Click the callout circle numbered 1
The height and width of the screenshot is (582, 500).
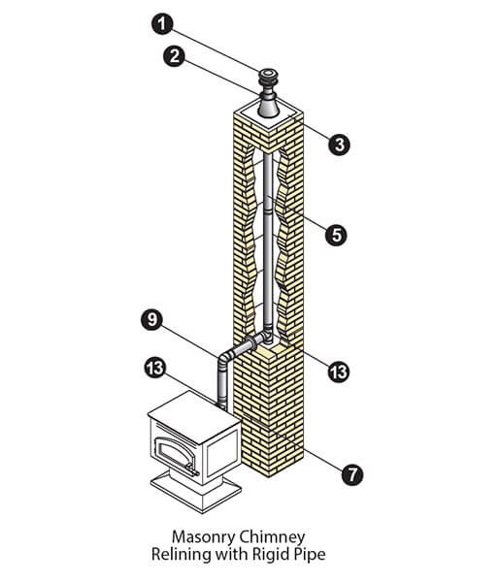(x=162, y=23)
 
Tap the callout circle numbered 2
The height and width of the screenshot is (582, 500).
(x=174, y=56)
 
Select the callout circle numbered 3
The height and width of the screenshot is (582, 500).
(x=339, y=145)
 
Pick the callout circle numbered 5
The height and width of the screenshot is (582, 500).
(x=336, y=235)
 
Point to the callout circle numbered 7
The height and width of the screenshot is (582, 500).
(x=352, y=474)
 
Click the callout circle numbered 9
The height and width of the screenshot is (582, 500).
(x=151, y=319)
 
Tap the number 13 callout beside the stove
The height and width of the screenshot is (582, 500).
(x=155, y=368)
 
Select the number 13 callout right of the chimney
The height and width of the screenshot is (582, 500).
(x=339, y=372)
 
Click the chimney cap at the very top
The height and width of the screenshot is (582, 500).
(x=268, y=77)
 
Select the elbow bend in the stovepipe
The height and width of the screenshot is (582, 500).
(x=225, y=358)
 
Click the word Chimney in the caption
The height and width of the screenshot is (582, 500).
(x=272, y=536)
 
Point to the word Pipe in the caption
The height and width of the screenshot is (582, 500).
(x=307, y=554)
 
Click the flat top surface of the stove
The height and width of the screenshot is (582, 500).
(x=193, y=411)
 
